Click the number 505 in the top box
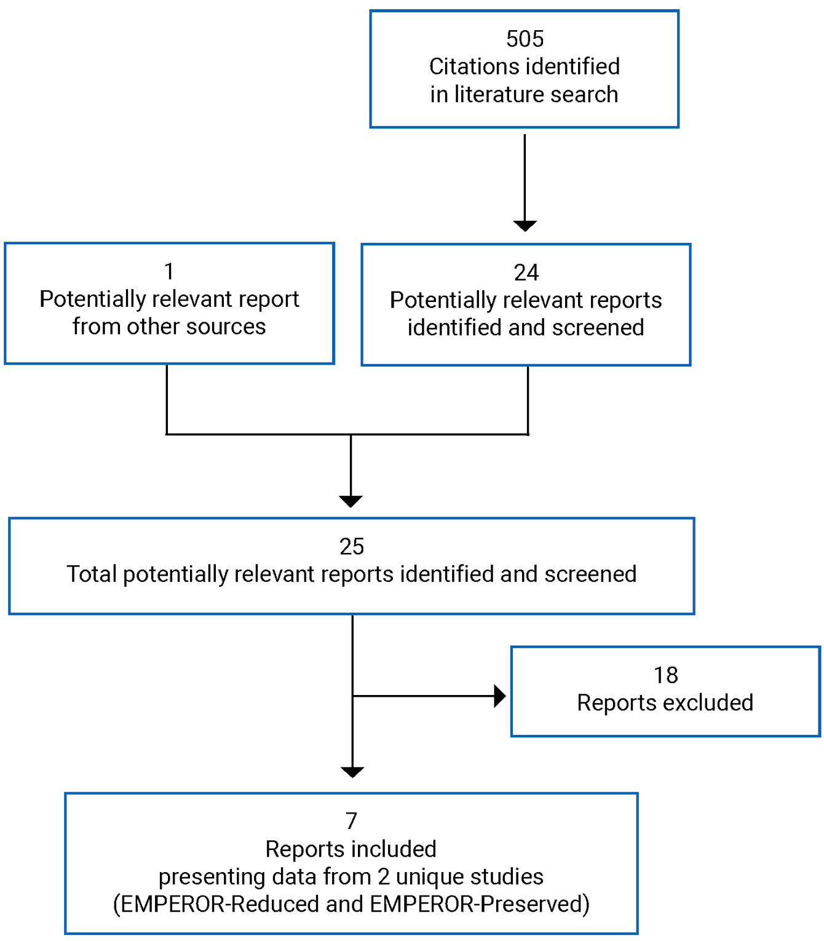tap(525, 39)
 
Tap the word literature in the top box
tap(497, 94)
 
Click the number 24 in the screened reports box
tap(526, 272)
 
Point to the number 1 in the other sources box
tap(169, 271)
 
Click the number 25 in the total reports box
tap(351, 546)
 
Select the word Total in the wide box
tap(92, 574)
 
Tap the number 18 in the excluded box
tap(665, 675)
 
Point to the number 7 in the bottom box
tap(351, 821)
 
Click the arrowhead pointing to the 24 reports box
tap(525, 226)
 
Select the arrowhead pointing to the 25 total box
tap(351, 501)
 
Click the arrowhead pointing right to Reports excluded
tap(500, 696)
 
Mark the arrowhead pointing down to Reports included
tap(352, 772)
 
